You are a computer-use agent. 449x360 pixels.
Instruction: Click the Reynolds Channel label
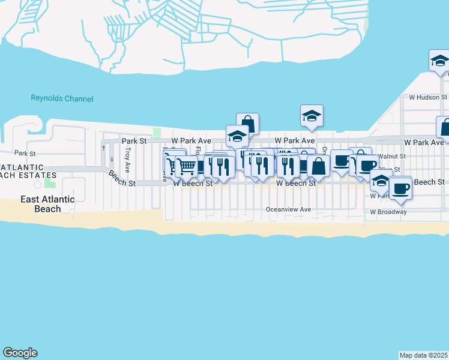coord(62,98)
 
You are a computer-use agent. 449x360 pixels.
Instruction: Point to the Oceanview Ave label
coord(289,209)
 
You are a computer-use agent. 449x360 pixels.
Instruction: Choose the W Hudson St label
coord(428,97)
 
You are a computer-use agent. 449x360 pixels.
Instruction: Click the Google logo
coord(20,353)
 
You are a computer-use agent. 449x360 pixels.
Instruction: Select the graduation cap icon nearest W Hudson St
coord(439,61)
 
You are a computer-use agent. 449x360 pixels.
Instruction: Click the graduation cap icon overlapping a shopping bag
coord(237,136)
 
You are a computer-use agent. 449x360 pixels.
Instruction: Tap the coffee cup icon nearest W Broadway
coord(400,188)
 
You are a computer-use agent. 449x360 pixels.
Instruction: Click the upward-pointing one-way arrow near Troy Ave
coord(103,148)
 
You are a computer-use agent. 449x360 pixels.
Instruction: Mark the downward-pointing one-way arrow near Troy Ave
coord(112,160)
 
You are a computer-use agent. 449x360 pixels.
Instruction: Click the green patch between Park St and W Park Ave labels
coord(157,133)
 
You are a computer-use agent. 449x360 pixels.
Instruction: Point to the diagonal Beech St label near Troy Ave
coord(122,179)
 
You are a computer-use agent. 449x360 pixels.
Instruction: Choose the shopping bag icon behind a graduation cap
coord(247,124)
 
